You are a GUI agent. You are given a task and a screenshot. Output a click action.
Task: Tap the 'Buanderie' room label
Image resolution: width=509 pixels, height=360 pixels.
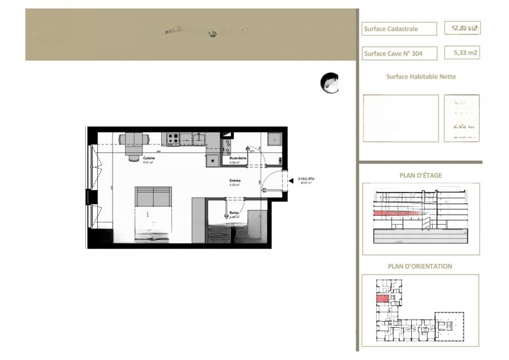[x=238, y=158]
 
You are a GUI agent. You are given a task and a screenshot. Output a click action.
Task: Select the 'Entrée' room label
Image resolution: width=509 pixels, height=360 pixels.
[x=235, y=181]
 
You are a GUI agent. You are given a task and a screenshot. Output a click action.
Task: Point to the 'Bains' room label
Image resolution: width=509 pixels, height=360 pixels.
[x=233, y=213]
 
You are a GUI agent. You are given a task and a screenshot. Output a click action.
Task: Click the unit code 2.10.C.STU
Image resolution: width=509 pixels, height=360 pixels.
[x=306, y=179]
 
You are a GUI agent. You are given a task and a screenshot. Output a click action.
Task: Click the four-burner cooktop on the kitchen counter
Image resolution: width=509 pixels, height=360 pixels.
[x=172, y=138]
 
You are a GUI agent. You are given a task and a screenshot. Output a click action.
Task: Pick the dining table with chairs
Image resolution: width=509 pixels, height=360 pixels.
[x=134, y=142]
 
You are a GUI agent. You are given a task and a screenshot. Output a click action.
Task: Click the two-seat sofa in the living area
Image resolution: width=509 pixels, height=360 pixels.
[x=153, y=197]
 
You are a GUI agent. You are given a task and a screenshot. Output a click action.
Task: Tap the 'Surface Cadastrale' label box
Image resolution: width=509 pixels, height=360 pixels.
[x=399, y=29]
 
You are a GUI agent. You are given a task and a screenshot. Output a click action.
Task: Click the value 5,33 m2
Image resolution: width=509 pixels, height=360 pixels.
[x=461, y=53]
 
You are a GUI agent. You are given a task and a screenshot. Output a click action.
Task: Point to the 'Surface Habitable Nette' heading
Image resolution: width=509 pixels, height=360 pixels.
[x=421, y=77]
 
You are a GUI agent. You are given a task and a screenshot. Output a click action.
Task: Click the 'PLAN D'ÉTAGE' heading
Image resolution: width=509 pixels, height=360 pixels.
[x=421, y=175]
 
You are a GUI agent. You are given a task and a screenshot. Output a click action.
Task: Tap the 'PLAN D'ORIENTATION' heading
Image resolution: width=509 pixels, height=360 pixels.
[x=420, y=266]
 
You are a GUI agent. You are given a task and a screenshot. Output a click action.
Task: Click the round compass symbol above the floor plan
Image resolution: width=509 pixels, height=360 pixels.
[x=329, y=83]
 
